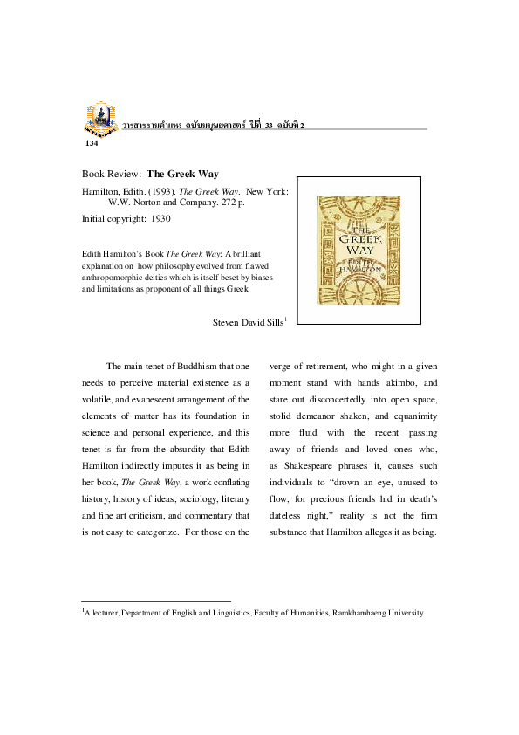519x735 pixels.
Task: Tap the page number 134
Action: [x=92, y=142]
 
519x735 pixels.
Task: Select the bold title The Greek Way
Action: [x=182, y=174]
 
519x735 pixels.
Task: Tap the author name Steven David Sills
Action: [x=248, y=322]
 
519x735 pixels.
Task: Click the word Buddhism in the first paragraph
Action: [x=189, y=366]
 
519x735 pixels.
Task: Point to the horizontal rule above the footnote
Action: [x=156, y=601]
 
